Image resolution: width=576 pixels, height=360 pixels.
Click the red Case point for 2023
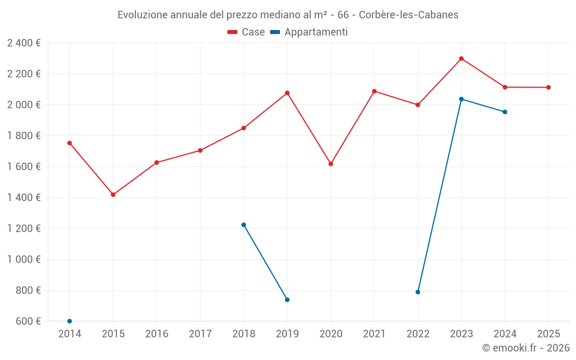coord(461,59)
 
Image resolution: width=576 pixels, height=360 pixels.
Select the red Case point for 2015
coord(113,195)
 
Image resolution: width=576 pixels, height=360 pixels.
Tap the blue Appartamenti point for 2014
coord(70,321)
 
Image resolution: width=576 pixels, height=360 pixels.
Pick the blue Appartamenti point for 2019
coord(287,300)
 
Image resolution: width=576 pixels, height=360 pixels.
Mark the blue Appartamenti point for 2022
coord(418,292)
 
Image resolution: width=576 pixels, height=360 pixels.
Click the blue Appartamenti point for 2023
coord(461,99)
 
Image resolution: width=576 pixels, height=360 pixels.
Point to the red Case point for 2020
coord(331,164)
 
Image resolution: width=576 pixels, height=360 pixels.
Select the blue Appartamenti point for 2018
coord(244,225)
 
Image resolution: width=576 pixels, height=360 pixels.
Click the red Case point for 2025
coord(548,88)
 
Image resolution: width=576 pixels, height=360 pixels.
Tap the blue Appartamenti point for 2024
coord(505,112)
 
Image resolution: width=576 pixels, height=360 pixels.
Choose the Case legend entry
coord(247,32)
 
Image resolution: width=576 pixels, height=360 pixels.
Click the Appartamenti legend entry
coord(309,32)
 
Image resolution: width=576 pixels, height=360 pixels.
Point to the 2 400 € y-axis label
coord(24,43)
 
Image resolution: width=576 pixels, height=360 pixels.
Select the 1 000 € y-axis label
coord(24,259)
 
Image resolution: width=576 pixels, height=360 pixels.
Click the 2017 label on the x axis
coord(200,334)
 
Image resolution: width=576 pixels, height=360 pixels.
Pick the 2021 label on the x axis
coord(374,334)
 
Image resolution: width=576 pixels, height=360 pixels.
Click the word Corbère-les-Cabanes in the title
coord(408,15)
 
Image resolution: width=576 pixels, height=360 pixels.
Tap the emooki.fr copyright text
coord(525,348)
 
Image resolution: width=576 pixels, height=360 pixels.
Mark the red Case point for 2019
coord(287,93)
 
